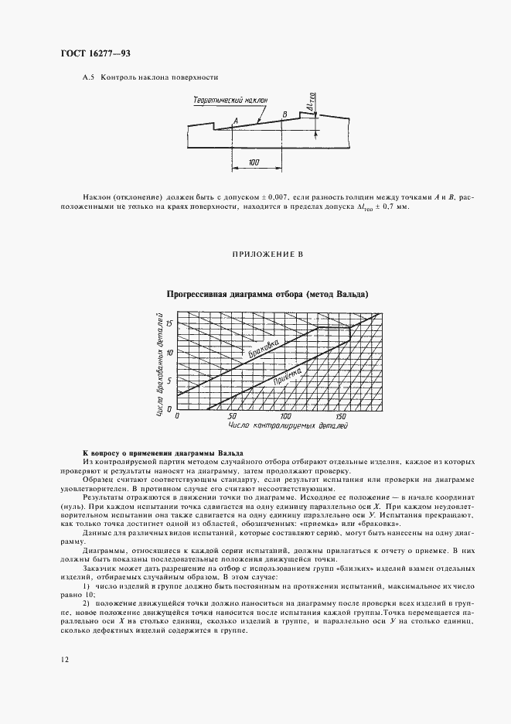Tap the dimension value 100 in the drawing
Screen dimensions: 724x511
point(255,162)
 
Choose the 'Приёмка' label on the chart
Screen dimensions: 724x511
point(286,378)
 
